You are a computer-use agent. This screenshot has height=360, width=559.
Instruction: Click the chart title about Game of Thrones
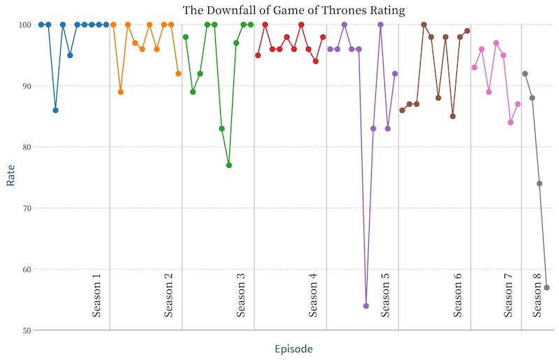pos(293,10)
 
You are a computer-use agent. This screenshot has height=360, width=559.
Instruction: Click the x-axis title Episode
pos(293,349)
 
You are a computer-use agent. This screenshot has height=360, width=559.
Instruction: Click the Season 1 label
pos(96,294)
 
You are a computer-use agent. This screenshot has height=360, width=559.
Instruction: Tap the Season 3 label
pos(241,294)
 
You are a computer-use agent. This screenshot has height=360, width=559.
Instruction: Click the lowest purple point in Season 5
pos(366,305)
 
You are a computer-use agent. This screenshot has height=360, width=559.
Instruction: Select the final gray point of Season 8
pos(547,287)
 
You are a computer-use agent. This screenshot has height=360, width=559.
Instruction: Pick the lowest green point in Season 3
pos(228,165)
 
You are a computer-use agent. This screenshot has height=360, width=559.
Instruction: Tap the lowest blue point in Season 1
pos(55,110)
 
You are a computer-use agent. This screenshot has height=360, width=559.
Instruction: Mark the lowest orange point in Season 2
pos(121,92)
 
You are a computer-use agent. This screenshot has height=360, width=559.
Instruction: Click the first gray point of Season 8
pos(525,73)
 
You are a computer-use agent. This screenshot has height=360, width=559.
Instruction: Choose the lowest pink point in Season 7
pos(511,122)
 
